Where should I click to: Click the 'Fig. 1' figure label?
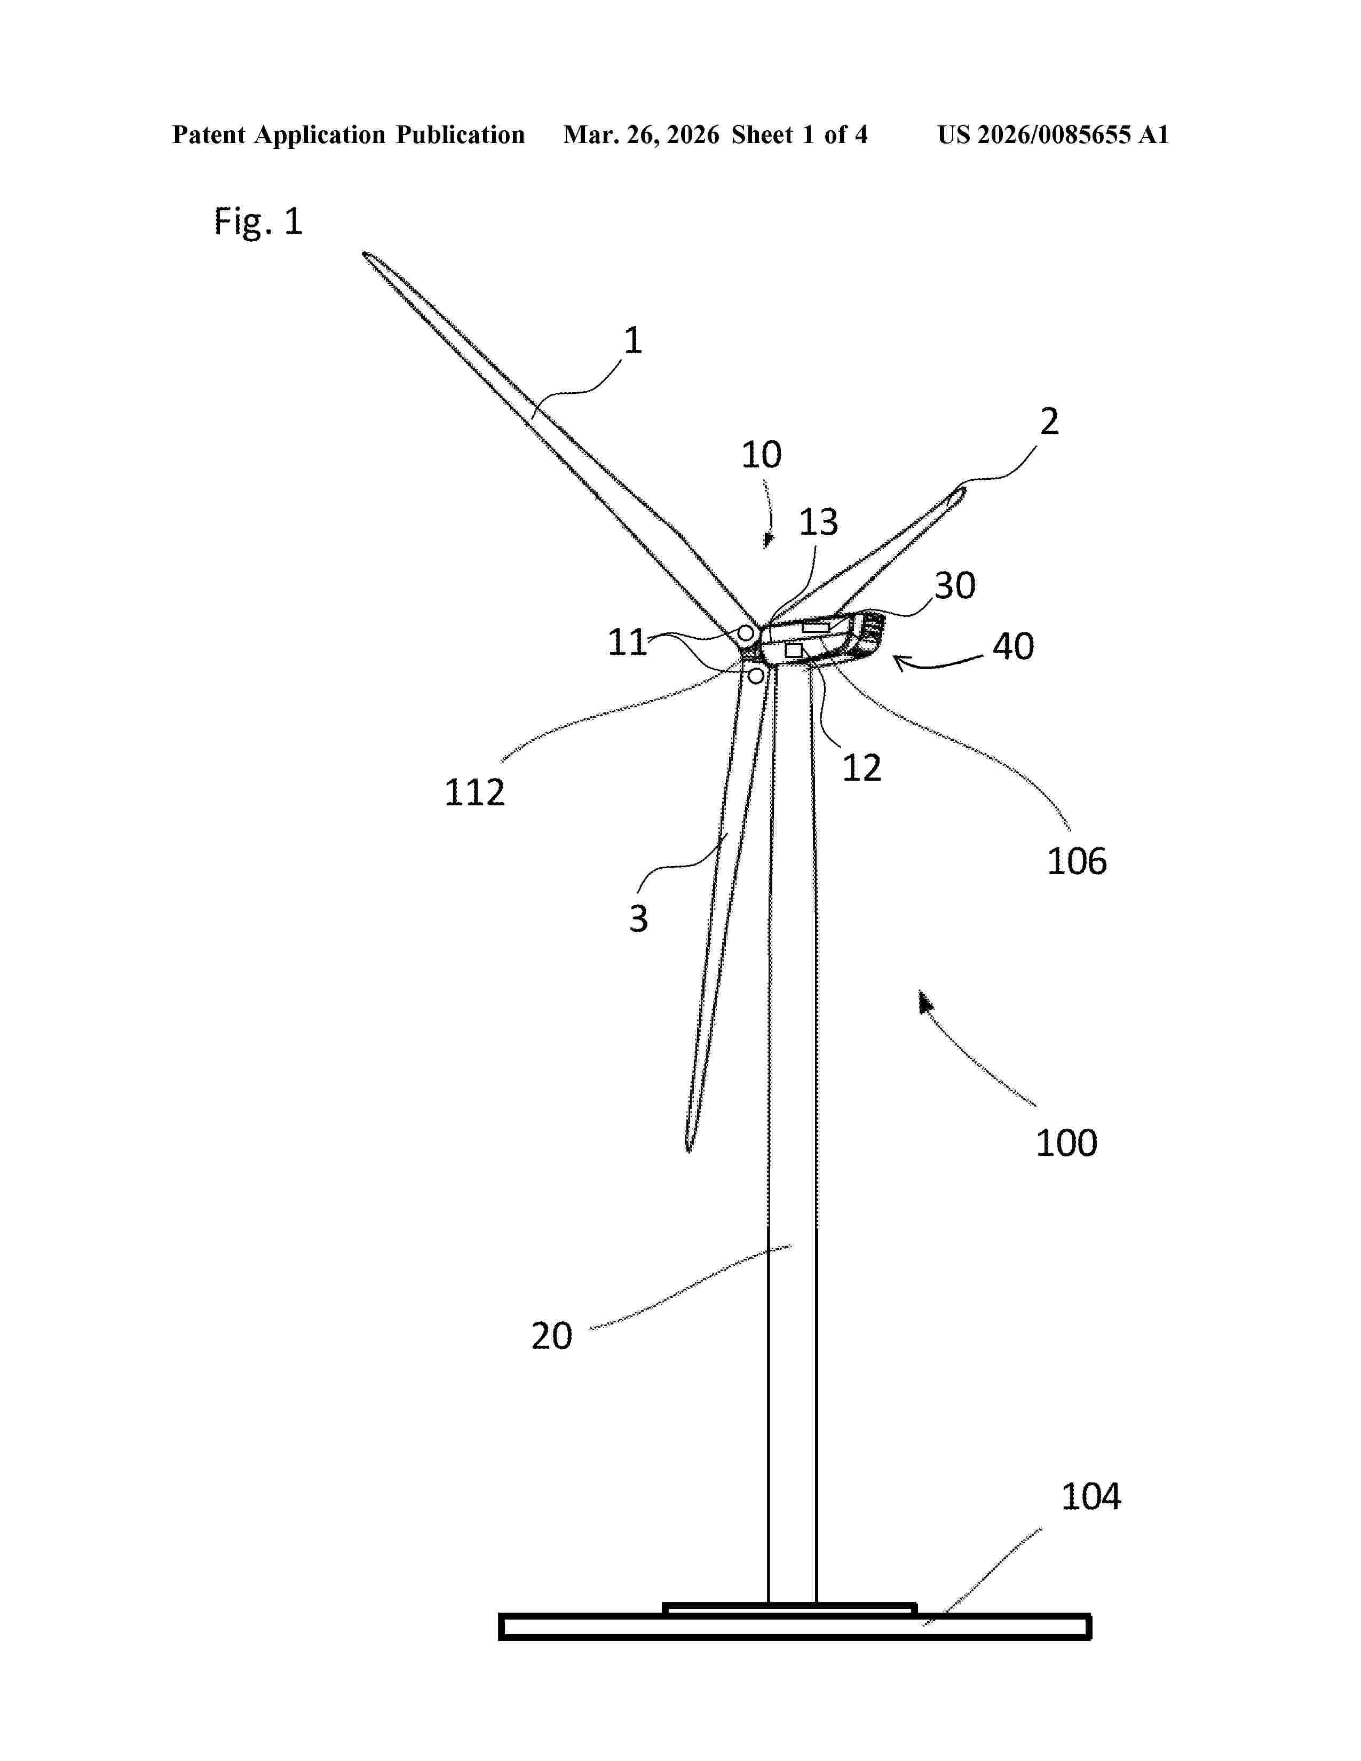258,221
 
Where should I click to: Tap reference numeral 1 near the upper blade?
633,340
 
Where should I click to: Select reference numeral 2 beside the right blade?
1048,421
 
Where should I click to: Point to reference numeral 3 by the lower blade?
638,918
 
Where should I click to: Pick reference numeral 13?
818,522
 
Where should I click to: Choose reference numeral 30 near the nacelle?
955,585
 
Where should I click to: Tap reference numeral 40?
1012,647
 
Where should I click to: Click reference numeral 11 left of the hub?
627,642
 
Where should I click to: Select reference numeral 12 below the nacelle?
861,767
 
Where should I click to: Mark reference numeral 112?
475,792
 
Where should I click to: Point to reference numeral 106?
1077,862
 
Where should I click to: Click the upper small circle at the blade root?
746,633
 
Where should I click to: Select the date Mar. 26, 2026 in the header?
641,134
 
